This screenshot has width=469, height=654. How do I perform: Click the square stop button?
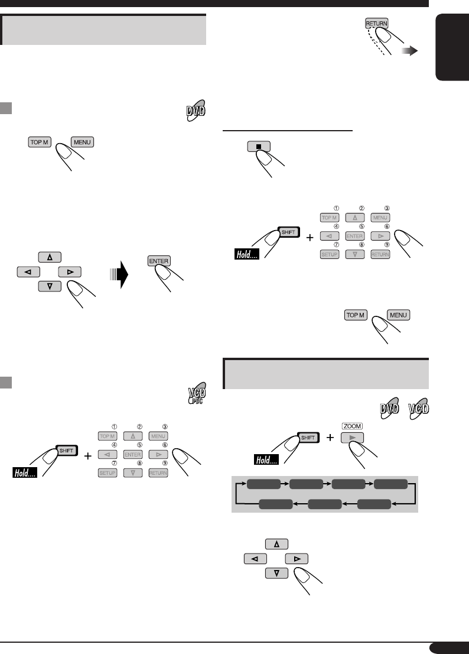tap(258, 146)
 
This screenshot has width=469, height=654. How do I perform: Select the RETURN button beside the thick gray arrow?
tap(376, 24)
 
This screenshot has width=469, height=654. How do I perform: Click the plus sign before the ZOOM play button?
tap(330, 438)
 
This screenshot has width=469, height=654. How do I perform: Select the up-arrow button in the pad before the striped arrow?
tap(50, 257)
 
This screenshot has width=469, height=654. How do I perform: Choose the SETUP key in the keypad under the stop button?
tap(329, 254)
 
